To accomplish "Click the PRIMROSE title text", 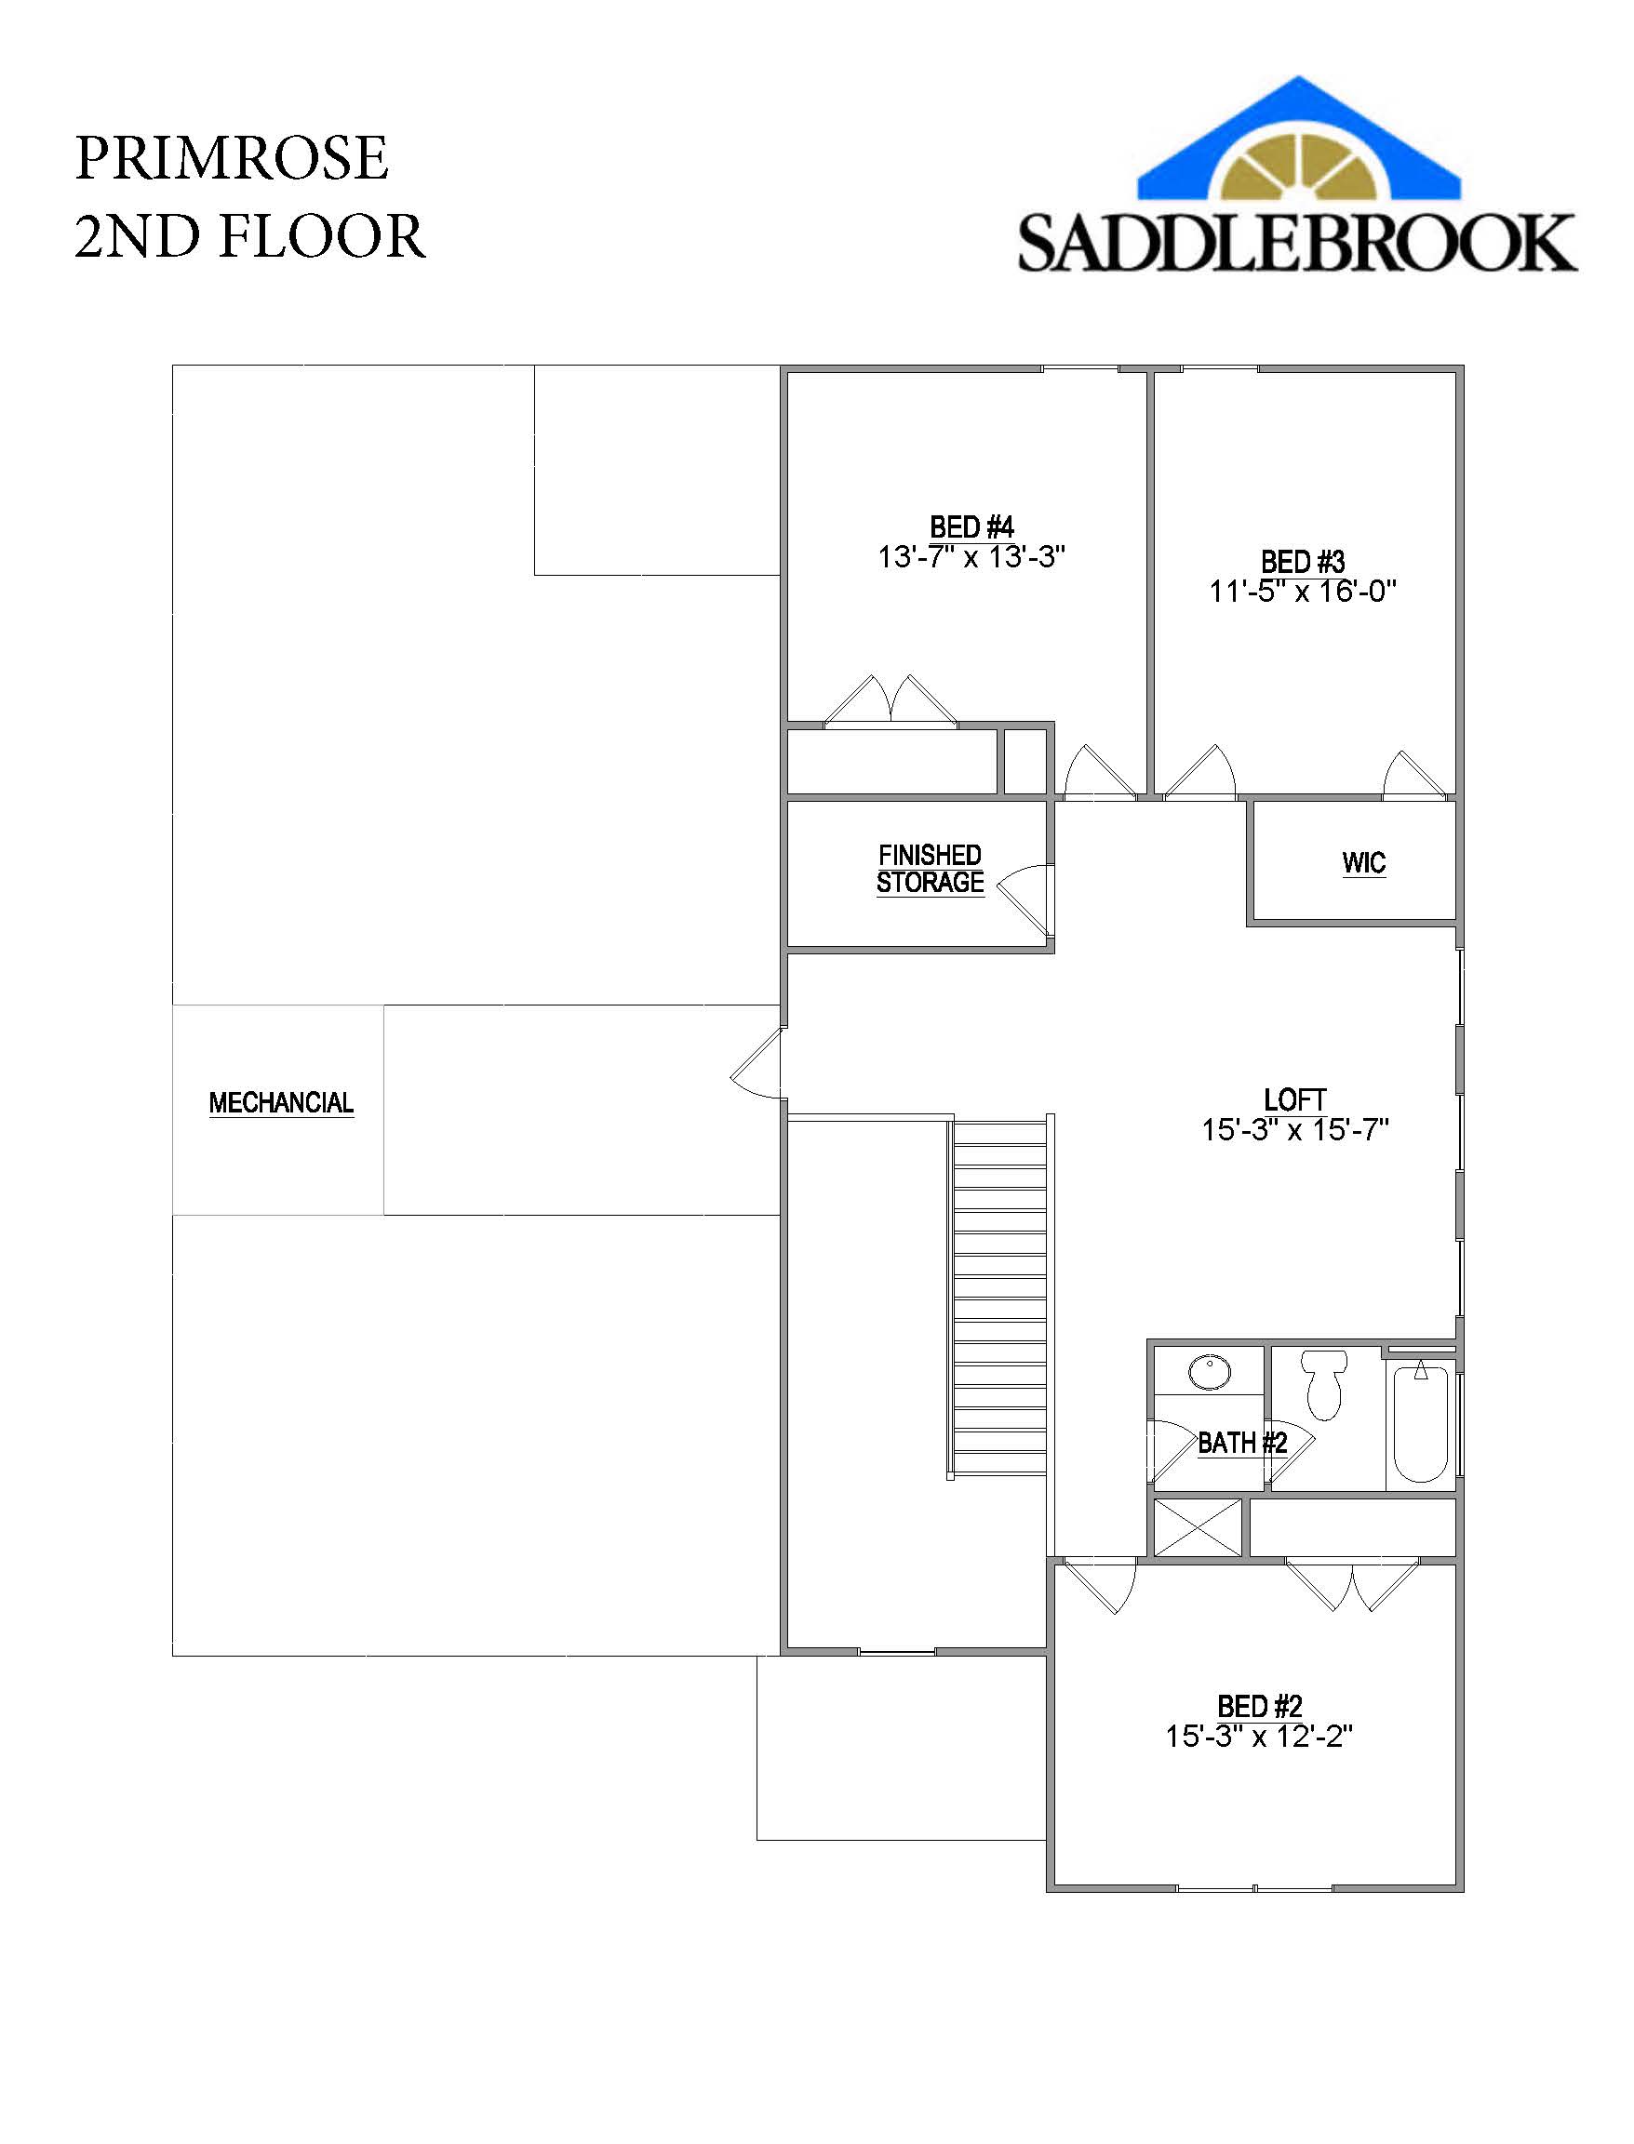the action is click(x=232, y=157).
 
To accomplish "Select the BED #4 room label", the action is click(x=971, y=527).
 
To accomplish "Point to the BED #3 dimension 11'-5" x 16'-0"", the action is click(x=1303, y=592).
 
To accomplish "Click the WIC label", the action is click(x=1363, y=862).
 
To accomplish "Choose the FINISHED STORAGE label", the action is click(x=930, y=868).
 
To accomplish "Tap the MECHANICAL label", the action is click(x=281, y=1102).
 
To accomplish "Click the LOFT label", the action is click(x=1294, y=1099).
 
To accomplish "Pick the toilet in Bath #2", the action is click(x=1323, y=1384).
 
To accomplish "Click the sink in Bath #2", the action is click(x=1209, y=1373).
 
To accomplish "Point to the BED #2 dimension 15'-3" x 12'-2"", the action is click(x=1260, y=1736).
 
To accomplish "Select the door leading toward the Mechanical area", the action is click(x=757, y=1064).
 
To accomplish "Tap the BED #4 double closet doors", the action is click(x=891, y=700).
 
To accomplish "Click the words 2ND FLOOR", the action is click(x=250, y=236).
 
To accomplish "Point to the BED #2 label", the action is click(x=1260, y=1707).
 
